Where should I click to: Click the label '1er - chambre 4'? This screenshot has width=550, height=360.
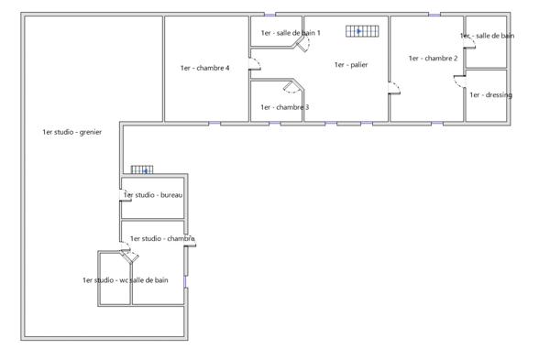204,68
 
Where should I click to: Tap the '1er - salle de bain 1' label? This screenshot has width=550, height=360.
291,33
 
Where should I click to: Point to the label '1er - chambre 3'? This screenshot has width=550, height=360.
284,107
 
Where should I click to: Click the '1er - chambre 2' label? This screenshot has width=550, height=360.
433,58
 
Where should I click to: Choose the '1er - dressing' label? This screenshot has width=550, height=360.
490,95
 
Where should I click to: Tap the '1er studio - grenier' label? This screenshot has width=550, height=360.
71,132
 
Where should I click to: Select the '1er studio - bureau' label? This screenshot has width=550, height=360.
154,195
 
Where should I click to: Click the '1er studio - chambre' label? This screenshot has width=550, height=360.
162,238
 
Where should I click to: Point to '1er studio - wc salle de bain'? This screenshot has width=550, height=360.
125,280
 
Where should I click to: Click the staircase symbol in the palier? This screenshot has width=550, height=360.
361,31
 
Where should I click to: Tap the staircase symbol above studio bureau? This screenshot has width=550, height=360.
141,169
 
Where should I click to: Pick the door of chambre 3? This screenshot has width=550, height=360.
291,87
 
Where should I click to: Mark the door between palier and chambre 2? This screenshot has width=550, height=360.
394,88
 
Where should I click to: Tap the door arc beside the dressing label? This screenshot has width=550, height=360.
461,80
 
